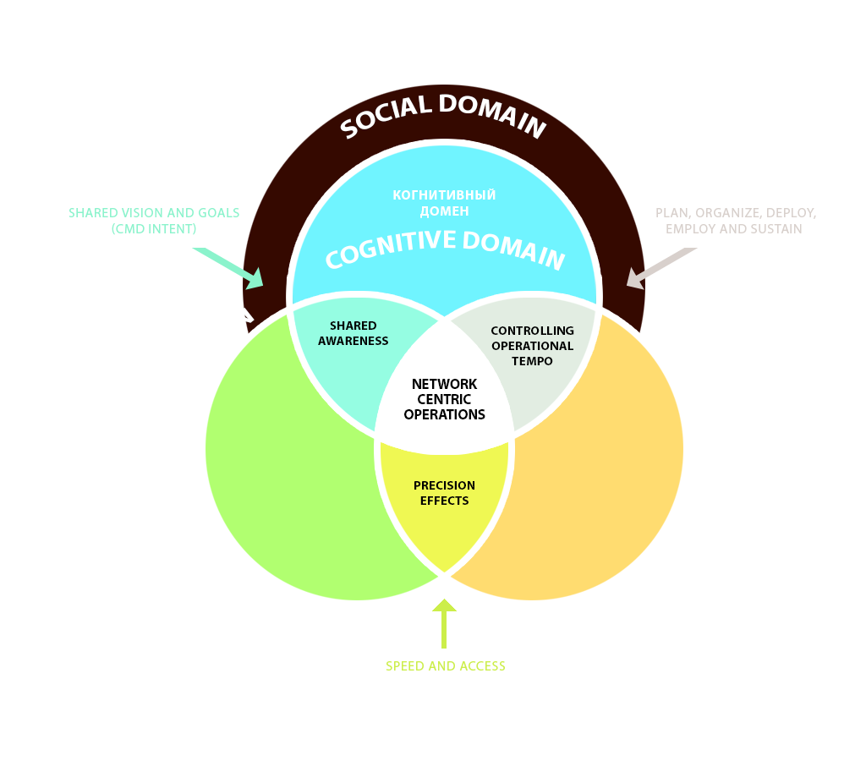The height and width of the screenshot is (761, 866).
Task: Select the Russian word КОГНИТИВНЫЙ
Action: tap(444, 194)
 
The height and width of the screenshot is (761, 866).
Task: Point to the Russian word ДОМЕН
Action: tap(444, 211)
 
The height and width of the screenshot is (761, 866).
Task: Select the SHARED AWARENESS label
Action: tap(353, 333)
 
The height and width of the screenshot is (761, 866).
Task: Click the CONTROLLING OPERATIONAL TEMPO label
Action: tap(532, 345)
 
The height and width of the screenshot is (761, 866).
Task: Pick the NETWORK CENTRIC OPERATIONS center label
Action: tap(444, 399)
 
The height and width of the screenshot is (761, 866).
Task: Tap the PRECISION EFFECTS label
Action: tap(444, 493)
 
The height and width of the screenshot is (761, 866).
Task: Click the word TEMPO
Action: tap(532, 361)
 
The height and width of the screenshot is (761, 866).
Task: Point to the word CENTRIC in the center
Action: tap(444, 399)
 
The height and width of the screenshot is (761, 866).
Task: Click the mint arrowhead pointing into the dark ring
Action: tap(253, 277)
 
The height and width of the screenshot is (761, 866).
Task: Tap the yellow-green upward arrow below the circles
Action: tap(440, 624)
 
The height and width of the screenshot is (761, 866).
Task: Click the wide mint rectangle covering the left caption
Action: tap(156, 221)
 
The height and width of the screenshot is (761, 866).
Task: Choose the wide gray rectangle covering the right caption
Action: tap(737, 220)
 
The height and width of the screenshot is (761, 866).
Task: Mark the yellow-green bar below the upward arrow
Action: tap(445, 666)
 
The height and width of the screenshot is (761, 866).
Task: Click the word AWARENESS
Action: tap(353, 341)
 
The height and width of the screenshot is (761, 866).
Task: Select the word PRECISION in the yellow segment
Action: tap(444, 485)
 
